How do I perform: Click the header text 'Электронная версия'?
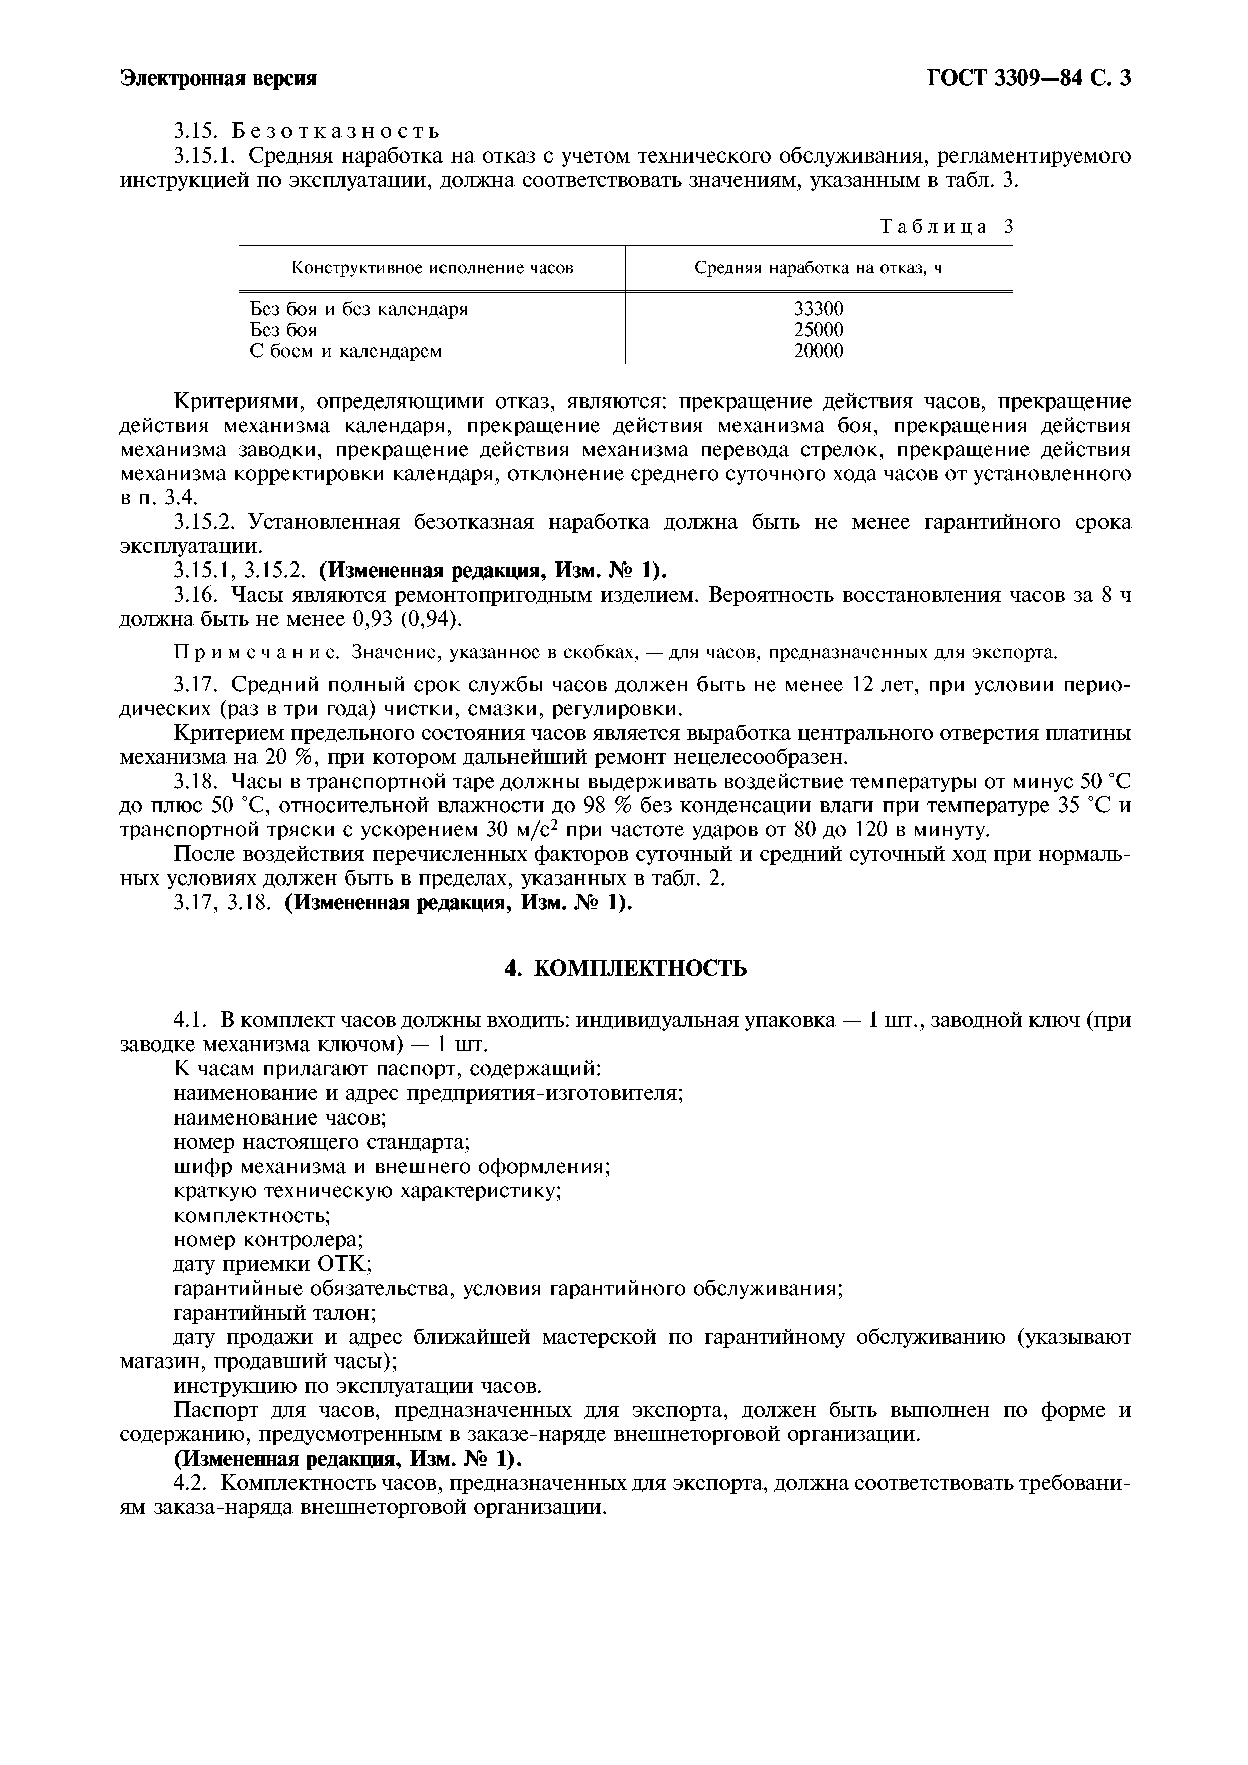218,78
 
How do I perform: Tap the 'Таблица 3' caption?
946,227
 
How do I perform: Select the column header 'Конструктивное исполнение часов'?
431,268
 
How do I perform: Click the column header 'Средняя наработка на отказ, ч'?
818,268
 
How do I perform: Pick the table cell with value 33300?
818,309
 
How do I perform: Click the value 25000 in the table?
818,330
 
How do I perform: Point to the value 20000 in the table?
818,351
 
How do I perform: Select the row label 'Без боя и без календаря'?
359,309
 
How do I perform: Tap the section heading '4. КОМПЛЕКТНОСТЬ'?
624,969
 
